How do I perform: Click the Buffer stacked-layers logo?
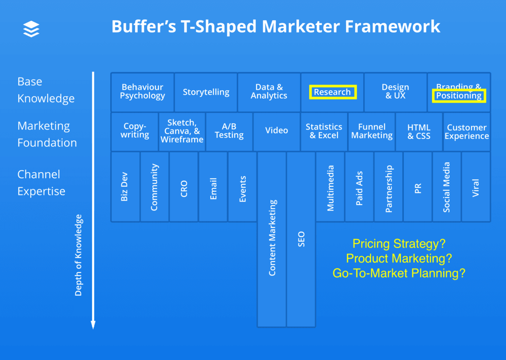click(x=31, y=29)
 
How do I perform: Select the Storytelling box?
click(x=206, y=92)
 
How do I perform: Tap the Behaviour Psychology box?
click(x=143, y=92)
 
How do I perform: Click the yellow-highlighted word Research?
click(x=332, y=92)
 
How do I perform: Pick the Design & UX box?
click(x=395, y=92)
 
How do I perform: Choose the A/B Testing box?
click(x=229, y=131)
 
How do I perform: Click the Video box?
click(x=276, y=131)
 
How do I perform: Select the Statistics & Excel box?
click(x=324, y=131)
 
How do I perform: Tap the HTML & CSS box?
click(x=419, y=132)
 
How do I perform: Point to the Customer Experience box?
click(x=467, y=132)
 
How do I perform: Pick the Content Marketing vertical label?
click(x=272, y=238)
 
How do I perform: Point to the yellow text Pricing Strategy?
click(x=399, y=244)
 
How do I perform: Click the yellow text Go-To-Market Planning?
click(x=399, y=273)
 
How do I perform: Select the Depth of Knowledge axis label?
click(x=78, y=255)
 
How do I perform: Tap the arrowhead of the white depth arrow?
click(x=93, y=325)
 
